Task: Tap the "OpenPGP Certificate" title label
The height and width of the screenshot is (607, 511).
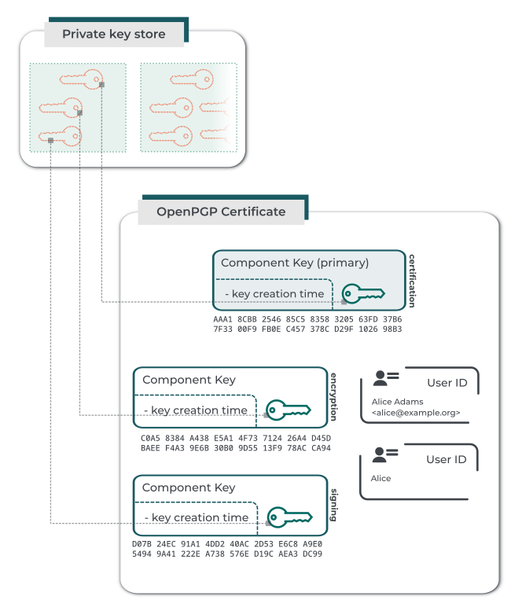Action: coord(221,212)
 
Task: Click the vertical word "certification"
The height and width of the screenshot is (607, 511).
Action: coord(411,280)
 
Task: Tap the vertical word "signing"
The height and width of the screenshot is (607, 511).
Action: coord(333,504)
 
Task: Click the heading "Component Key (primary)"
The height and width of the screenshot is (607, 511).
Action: coord(295,263)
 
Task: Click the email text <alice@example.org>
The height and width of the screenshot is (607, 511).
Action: coord(416,412)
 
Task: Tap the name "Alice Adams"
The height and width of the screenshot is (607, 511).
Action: coord(397,402)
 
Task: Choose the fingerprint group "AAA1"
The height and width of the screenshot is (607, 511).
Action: coord(223,319)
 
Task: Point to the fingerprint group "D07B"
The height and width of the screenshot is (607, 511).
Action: coord(142,543)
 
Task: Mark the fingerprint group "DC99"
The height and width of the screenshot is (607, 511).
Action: coord(312,554)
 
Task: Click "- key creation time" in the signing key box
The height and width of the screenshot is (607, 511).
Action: coord(197,517)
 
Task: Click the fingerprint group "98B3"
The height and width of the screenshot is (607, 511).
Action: coord(392,329)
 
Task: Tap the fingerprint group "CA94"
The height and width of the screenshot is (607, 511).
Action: coord(321,448)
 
